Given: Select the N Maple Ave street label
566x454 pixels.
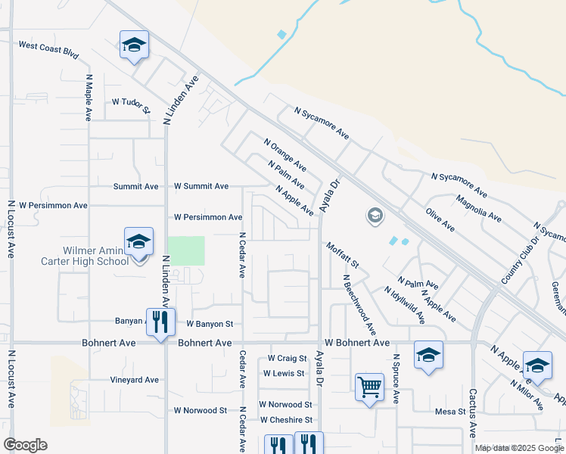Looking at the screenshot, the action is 89,97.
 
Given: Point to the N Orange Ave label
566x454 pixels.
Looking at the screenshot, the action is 285,154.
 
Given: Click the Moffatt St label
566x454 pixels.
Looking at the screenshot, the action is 342,255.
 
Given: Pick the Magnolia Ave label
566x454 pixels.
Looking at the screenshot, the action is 478,208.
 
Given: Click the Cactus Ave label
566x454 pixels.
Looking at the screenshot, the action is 473,413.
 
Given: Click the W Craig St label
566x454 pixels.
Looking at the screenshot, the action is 288,358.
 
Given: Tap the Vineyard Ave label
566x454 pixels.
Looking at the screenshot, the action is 135,380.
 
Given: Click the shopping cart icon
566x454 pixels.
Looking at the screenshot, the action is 369,387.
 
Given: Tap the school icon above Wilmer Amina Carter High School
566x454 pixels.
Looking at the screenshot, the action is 138,242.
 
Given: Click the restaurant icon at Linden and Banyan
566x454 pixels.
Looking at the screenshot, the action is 160,322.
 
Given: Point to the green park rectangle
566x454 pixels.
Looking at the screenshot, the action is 186,250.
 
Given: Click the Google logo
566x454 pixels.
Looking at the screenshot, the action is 25,445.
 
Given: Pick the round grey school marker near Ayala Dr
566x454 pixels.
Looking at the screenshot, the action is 374,216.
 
